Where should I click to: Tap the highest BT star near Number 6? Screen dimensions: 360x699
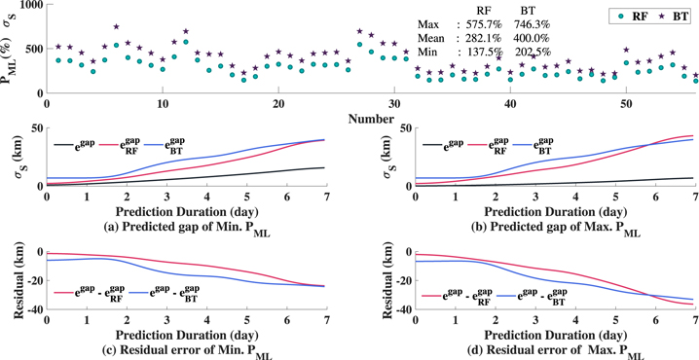(x=116, y=27)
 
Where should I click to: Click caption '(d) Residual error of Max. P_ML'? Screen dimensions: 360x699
(x=533, y=354)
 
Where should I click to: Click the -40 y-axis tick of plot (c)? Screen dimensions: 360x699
(x=31, y=310)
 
